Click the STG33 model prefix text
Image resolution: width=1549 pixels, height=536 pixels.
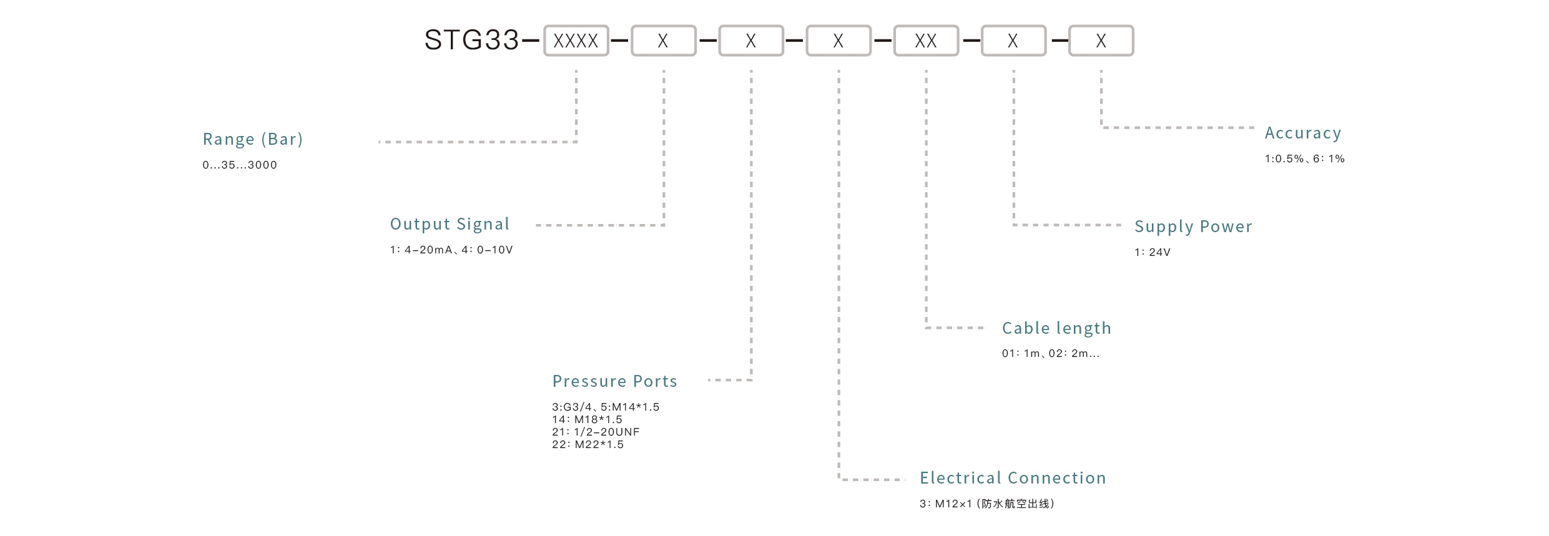(x=471, y=41)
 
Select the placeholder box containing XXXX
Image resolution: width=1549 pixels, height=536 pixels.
(x=576, y=41)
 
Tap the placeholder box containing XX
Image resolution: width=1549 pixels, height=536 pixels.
(x=926, y=41)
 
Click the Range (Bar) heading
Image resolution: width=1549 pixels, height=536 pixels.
(x=253, y=139)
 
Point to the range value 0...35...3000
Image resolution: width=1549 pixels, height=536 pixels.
(x=240, y=165)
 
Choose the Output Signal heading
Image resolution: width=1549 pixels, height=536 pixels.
(x=450, y=224)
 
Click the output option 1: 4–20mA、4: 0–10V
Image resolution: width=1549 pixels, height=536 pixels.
(x=451, y=250)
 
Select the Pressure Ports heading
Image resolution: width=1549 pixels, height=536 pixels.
(x=615, y=381)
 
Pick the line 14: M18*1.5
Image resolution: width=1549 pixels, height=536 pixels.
(x=587, y=420)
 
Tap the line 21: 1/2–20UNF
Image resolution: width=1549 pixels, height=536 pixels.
(x=596, y=432)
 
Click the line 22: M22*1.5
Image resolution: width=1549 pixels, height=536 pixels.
(x=588, y=445)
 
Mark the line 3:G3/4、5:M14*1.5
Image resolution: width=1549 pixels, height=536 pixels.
(x=606, y=407)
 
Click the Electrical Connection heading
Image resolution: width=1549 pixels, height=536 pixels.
(x=1013, y=478)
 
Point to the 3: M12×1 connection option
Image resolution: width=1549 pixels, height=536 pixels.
(x=986, y=504)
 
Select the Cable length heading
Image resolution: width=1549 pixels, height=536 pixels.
(x=1056, y=328)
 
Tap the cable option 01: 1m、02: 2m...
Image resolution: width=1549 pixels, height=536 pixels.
(x=1051, y=354)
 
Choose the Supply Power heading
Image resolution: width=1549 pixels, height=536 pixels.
(x=1193, y=227)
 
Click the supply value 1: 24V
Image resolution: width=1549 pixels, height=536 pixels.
(x=1152, y=253)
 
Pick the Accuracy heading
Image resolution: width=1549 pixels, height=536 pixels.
(x=1303, y=133)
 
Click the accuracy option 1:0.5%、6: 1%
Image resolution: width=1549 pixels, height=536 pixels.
(x=1304, y=159)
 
